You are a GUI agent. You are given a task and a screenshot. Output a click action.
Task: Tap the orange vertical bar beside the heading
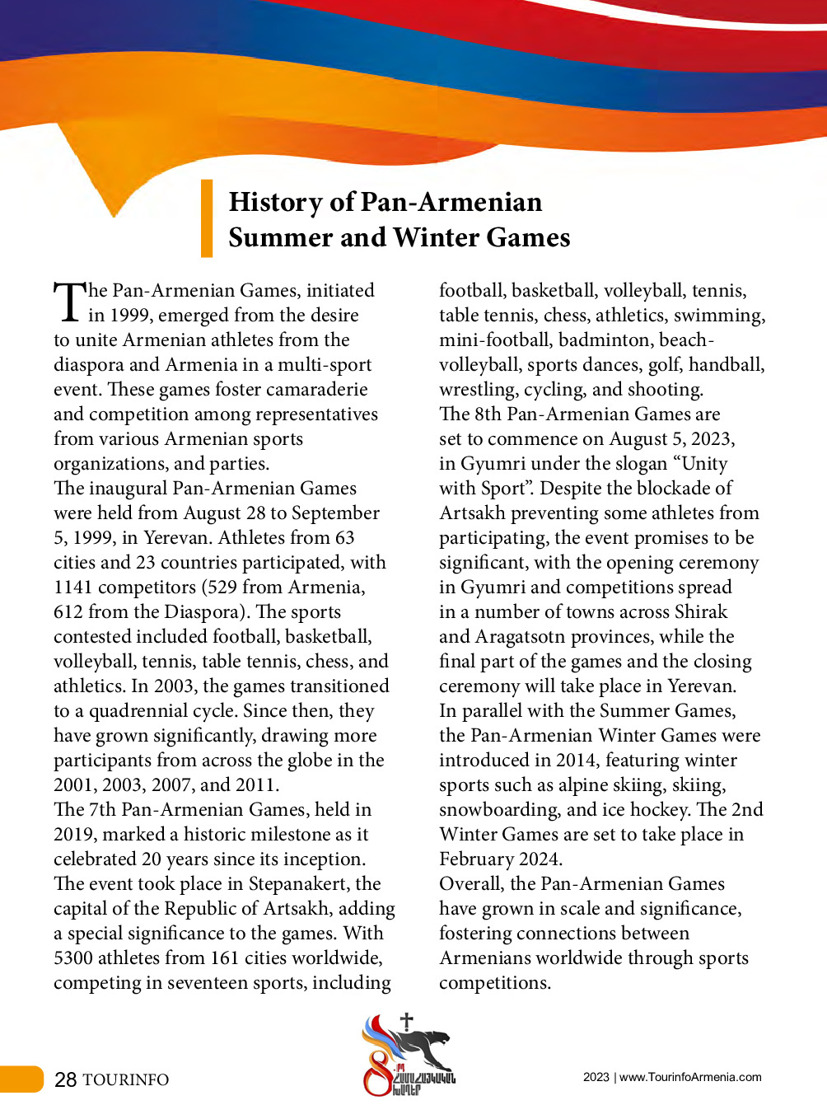[207, 218]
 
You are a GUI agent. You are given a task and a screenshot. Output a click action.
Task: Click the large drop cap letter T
[69, 302]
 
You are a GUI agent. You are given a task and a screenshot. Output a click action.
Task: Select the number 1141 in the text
[73, 588]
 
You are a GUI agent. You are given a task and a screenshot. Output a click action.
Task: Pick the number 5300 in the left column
[73, 958]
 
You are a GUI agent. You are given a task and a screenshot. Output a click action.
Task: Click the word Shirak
[701, 612]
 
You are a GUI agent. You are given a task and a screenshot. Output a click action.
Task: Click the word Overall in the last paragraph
[471, 884]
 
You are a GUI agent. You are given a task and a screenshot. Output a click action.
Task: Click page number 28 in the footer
[66, 1079]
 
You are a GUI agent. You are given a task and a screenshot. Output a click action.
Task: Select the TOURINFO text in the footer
[126, 1080]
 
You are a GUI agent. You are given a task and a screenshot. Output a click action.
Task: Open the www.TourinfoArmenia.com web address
[690, 1077]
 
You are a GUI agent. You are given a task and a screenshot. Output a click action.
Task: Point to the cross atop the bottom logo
[406, 1022]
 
